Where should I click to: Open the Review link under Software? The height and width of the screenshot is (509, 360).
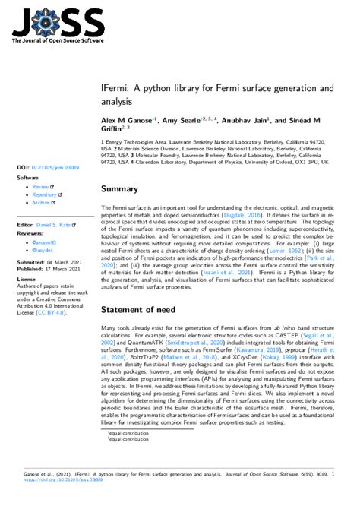40,186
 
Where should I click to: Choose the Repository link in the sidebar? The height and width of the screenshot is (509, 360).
45,194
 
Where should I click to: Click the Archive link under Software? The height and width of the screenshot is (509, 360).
41,203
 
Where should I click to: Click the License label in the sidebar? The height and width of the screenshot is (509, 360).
26,279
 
